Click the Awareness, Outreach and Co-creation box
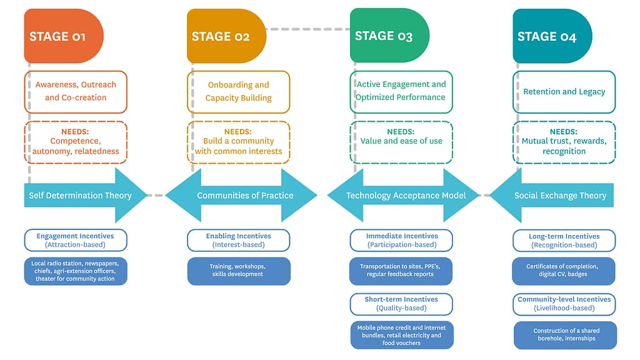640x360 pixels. pyautogui.click(x=76, y=91)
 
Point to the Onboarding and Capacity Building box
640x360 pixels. pyautogui.click(x=239, y=91)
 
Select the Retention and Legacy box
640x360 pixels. pyautogui.click(x=564, y=92)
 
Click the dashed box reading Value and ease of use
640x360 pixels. pyautogui.click(x=401, y=142)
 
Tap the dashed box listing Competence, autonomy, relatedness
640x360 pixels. pyautogui.click(x=76, y=142)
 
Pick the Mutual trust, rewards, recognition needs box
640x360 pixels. pyautogui.click(x=564, y=142)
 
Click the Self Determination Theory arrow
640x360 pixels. pyautogui.click(x=81, y=196)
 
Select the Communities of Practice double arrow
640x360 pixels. pyautogui.click(x=244, y=196)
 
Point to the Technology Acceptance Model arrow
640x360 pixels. pyautogui.click(x=406, y=196)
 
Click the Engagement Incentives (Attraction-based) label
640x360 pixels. pyautogui.click(x=76, y=240)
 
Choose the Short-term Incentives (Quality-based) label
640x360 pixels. pyautogui.click(x=401, y=303)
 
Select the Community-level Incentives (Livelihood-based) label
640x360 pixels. pyautogui.click(x=564, y=303)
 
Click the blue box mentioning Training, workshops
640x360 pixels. pyautogui.click(x=239, y=271)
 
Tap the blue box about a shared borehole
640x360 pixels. pyautogui.click(x=564, y=335)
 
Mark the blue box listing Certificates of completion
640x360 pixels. pyautogui.click(x=564, y=271)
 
